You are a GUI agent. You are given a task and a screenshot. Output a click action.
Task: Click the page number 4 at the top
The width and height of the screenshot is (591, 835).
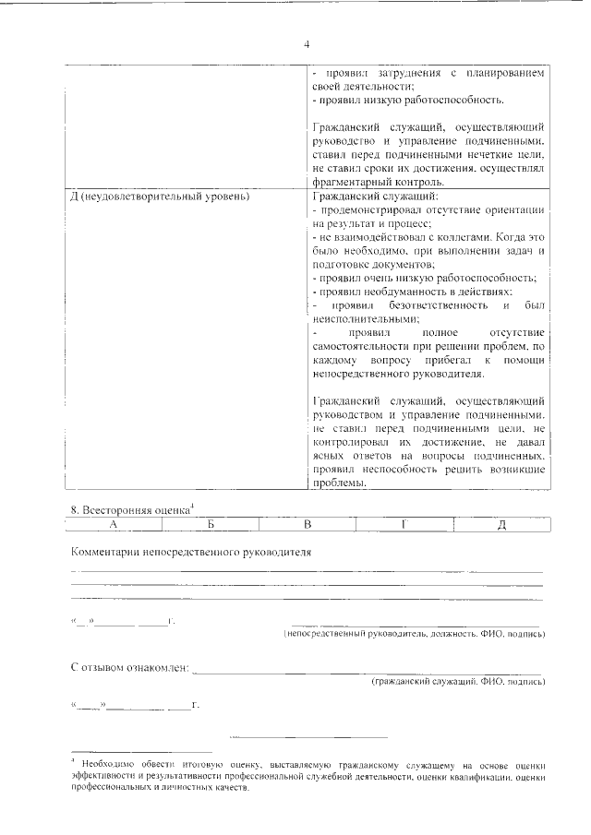tap(306, 43)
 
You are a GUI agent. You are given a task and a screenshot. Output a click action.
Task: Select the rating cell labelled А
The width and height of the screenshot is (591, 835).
tap(113, 524)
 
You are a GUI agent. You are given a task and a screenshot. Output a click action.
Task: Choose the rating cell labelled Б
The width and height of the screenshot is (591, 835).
tap(211, 524)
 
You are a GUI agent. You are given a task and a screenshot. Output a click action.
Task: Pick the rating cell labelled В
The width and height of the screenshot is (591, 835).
tap(308, 524)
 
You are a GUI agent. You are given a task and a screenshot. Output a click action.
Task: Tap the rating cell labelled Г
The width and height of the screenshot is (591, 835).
tap(404, 524)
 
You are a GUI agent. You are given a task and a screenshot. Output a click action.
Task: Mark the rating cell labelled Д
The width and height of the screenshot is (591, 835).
tap(501, 524)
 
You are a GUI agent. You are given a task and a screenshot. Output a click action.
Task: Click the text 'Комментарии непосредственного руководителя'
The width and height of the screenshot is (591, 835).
tap(191, 552)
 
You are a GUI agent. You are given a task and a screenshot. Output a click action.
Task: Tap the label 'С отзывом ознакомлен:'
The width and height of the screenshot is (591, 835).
tap(130, 666)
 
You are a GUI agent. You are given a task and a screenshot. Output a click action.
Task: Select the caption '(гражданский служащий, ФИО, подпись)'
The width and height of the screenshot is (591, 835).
tap(457, 682)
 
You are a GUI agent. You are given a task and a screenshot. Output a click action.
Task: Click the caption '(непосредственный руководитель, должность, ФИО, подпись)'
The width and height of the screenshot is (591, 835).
tap(414, 635)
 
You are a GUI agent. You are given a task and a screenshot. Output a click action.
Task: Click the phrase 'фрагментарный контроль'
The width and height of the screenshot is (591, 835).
tap(375, 183)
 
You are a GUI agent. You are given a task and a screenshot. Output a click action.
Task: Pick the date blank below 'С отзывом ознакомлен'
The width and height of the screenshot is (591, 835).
tap(135, 706)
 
